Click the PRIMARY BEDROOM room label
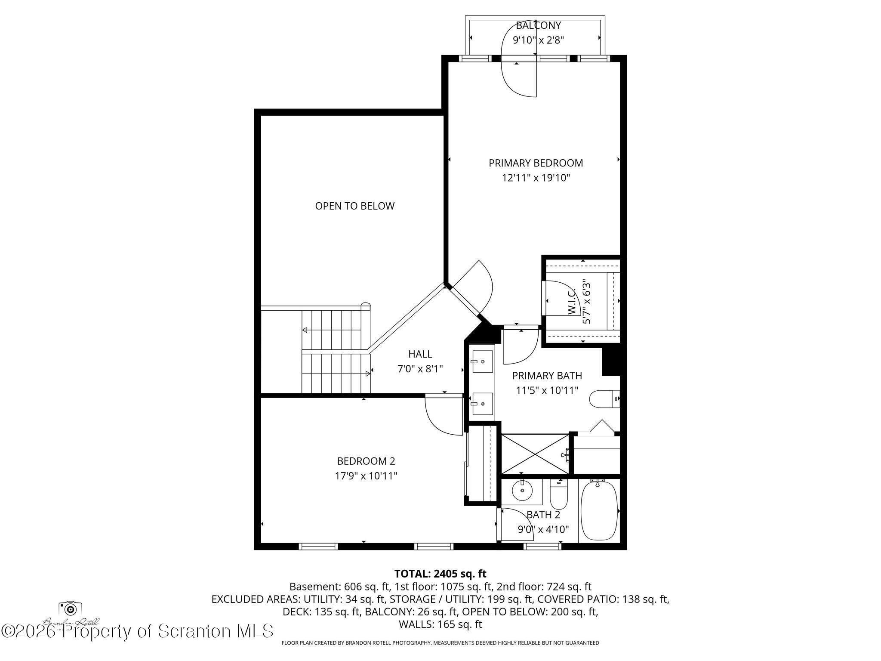pos(536,163)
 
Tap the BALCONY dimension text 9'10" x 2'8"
pos(538,40)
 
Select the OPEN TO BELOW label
pos(354,206)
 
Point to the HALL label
pos(420,354)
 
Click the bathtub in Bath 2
pos(599,511)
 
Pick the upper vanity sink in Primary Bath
pos(482,361)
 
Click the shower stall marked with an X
pos(535,454)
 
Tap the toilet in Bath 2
pos(559,496)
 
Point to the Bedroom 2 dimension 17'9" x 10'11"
pos(366,476)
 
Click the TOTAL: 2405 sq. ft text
pos(440,574)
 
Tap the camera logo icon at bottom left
pos(70,608)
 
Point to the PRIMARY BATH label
pos(547,376)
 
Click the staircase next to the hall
pos(336,351)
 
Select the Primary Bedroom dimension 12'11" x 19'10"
pos(536,178)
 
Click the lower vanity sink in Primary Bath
pos(482,404)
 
